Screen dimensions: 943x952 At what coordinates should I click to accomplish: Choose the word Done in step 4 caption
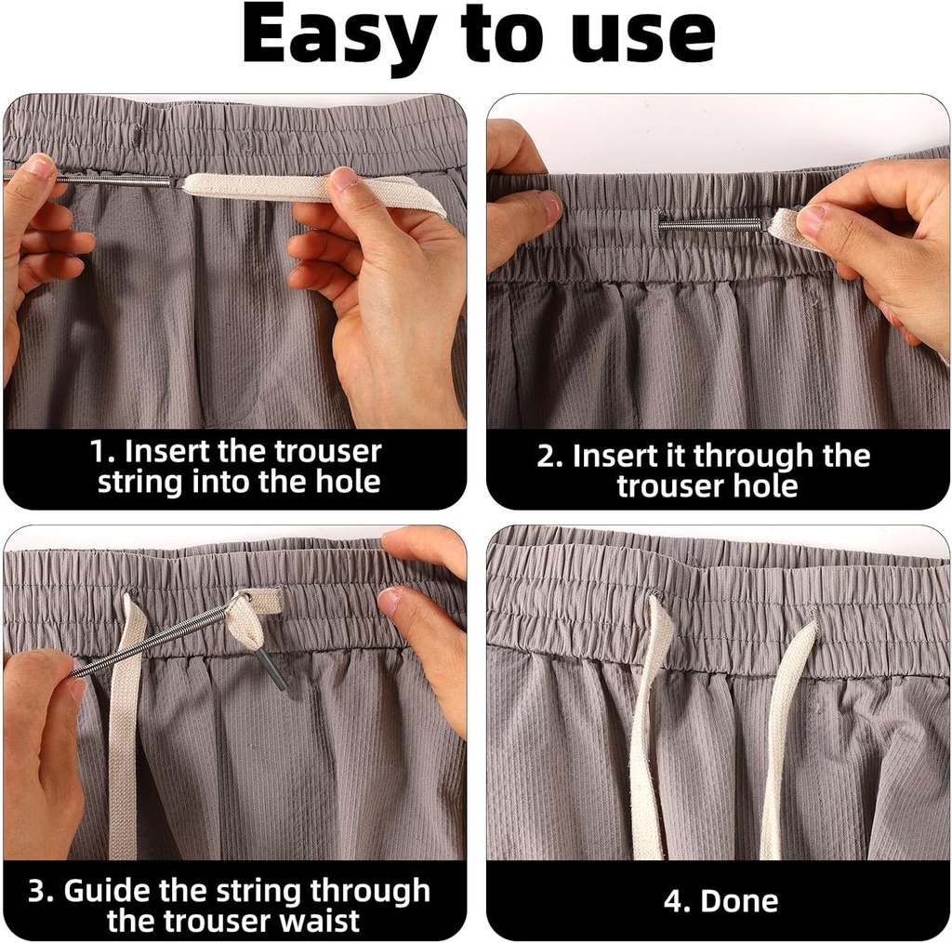pyautogui.click(x=739, y=900)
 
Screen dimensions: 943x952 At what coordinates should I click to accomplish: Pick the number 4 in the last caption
pyautogui.click(x=671, y=900)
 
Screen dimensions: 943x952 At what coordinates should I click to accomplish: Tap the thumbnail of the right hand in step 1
pyautogui.click(x=344, y=178)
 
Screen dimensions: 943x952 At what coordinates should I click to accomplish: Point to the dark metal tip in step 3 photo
pyautogui.click(x=272, y=669)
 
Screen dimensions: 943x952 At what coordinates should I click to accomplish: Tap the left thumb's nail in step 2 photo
pyautogui.click(x=550, y=206)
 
